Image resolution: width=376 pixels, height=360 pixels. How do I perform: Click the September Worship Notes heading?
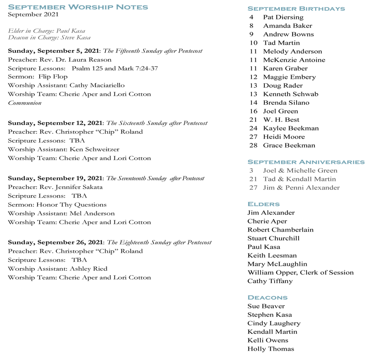click(78, 7)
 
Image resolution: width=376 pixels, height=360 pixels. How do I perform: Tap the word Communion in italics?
click(25, 103)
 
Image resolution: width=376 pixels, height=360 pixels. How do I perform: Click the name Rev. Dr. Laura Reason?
click(76, 60)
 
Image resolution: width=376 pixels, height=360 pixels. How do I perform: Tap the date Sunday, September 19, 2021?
click(55, 178)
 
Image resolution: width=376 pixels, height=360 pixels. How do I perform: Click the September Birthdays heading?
click(296, 8)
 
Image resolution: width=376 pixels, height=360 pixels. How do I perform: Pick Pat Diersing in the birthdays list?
click(283, 17)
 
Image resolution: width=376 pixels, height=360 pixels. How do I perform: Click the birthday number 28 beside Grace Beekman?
click(253, 145)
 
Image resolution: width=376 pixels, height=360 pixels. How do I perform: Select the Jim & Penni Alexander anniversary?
click(301, 188)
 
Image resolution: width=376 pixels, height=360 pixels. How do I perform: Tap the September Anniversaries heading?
click(306, 162)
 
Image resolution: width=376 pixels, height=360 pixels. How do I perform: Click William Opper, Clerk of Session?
click(300, 273)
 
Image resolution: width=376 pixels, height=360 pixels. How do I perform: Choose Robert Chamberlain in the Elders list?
click(280, 230)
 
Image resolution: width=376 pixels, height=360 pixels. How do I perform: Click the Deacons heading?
click(267, 298)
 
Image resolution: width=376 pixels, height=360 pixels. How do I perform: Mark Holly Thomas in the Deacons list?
click(271, 349)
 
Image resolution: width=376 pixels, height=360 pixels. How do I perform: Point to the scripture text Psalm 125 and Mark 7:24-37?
click(115, 68)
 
